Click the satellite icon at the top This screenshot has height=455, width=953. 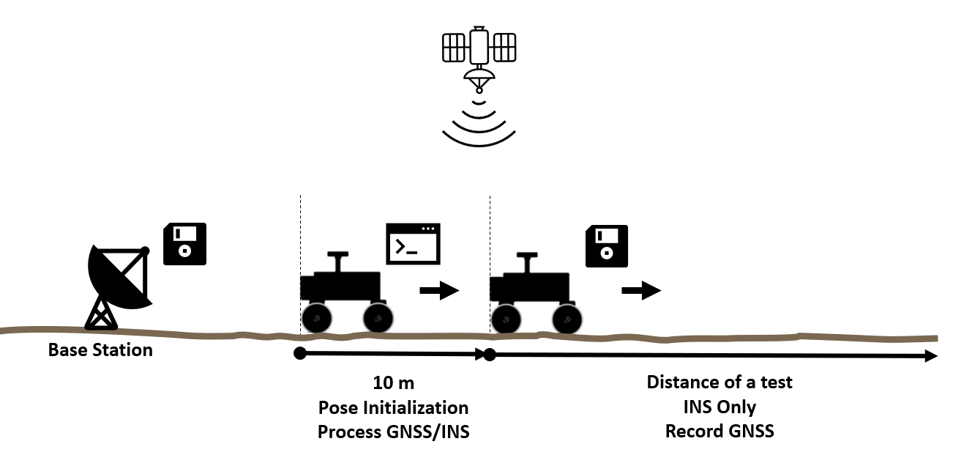tap(479, 59)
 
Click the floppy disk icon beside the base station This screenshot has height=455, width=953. tap(184, 244)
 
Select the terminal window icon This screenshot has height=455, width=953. tap(413, 244)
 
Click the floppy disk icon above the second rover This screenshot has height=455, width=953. tap(607, 246)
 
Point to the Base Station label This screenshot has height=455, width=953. tap(100, 349)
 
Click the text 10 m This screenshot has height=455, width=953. tap(394, 382)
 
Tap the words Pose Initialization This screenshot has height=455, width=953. tap(394, 407)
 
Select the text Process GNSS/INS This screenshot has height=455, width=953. tap(394, 432)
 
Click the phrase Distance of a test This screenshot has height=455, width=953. tap(720, 382)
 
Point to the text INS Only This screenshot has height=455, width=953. tap(720, 407)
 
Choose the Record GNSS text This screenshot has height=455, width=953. tap(720, 431)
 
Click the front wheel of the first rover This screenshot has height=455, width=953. tap(378, 318)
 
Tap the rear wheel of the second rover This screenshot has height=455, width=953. tap(506, 319)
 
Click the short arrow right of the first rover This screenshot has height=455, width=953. tap(439, 291)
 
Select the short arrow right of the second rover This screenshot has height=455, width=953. tap(642, 291)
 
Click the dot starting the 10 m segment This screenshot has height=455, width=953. tap(300, 353)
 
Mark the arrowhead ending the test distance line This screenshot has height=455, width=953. tap(931, 356)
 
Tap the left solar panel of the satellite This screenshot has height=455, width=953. tap(454, 48)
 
